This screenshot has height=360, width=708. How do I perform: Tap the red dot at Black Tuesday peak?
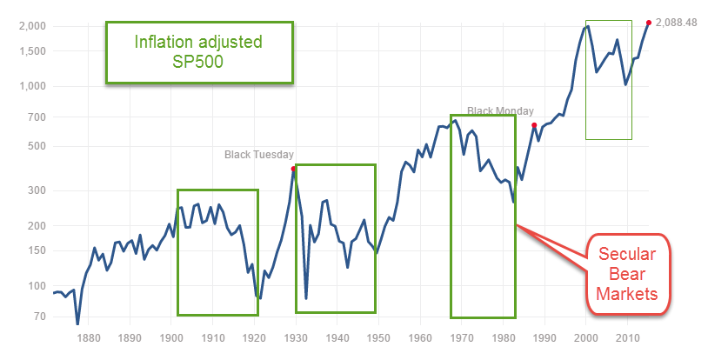click(x=294, y=169)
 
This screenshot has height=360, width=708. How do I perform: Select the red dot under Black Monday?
click(x=534, y=125)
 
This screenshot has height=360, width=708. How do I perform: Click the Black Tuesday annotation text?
click(x=259, y=155)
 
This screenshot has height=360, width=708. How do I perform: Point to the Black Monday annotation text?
click(x=500, y=111)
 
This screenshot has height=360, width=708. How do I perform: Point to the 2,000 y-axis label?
click(x=32, y=26)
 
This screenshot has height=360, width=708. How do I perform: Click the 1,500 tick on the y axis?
click(x=32, y=51)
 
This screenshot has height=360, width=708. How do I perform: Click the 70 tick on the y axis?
click(x=39, y=316)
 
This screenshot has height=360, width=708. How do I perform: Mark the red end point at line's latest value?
click(x=648, y=23)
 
